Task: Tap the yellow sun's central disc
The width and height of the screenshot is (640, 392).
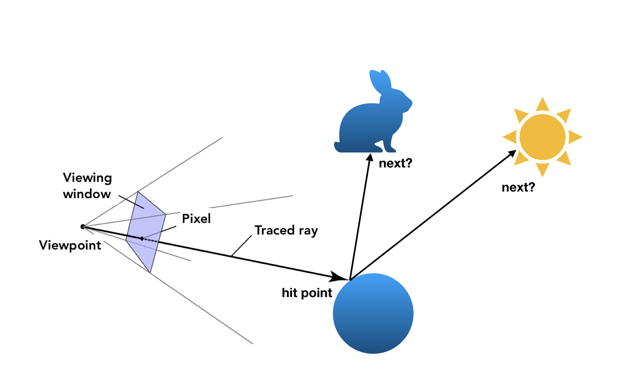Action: click(542, 137)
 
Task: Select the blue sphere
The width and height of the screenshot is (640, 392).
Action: click(373, 313)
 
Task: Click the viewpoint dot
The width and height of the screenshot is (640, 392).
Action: click(83, 227)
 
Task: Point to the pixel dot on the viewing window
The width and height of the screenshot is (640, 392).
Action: click(142, 238)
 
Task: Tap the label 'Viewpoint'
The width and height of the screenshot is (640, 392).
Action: click(70, 245)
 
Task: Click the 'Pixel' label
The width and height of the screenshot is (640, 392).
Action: click(196, 219)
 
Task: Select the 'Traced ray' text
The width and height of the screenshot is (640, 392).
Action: click(286, 230)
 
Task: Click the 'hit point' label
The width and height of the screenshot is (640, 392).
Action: click(307, 293)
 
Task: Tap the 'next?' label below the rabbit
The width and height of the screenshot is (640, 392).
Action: click(395, 163)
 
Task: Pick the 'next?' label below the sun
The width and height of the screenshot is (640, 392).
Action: click(518, 187)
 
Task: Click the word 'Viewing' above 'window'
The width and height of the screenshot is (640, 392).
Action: click(87, 178)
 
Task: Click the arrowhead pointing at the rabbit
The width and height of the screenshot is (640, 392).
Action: click(370, 157)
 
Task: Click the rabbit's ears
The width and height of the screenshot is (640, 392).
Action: click(380, 81)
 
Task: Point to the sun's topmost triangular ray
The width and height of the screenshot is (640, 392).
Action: click(542, 104)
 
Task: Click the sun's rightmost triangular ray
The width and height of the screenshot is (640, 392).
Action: click(575, 137)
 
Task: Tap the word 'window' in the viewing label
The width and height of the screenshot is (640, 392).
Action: click(87, 194)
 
